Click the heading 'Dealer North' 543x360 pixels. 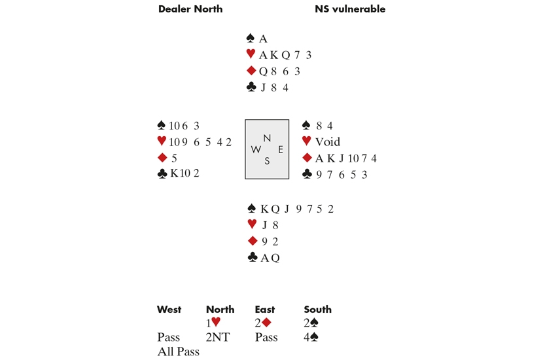point(190,9)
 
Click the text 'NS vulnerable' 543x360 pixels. point(350,9)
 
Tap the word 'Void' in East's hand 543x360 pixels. point(327,142)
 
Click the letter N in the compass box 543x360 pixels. point(267,137)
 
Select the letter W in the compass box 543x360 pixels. point(256,149)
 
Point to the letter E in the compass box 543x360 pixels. point(280,149)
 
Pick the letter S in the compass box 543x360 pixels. point(267,161)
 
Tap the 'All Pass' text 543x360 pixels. point(178,352)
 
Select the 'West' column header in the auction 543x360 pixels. point(169,309)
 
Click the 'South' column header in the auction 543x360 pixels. point(318,309)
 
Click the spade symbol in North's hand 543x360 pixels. point(251,39)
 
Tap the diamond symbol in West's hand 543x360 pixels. point(162,158)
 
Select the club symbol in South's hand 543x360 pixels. point(251,258)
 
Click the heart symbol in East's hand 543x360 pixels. point(306,142)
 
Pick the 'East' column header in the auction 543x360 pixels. point(265,309)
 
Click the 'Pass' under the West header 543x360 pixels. point(168,338)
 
